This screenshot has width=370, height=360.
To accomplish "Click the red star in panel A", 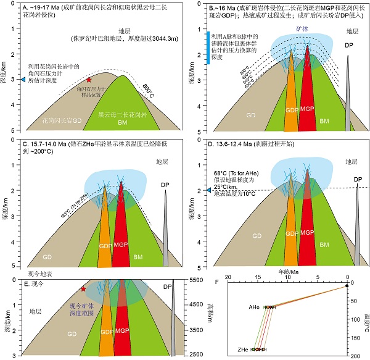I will (x=89, y=80).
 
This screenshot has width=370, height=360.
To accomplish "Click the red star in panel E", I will (x=83, y=289).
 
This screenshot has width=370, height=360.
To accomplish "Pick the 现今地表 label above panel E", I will (x=42, y=272).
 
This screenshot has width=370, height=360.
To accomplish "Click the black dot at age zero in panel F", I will (x=347, y=285).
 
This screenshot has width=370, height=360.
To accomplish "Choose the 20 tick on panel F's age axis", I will (x=229, y=278).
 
